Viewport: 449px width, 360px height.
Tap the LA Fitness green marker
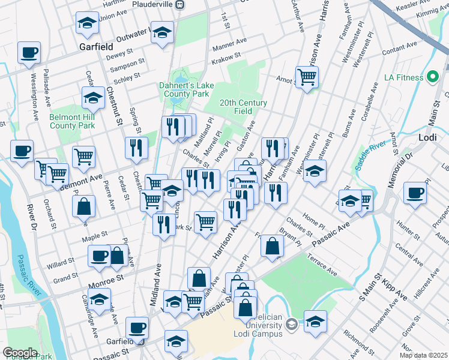point(432,77)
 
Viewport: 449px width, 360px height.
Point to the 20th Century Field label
point(243,107)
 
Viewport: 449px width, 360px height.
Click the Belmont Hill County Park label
point(71,121)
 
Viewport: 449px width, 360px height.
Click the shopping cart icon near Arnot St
point(307,77)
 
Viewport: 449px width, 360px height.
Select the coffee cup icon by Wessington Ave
point(29,53)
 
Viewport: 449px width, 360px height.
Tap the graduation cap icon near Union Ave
point(87,24)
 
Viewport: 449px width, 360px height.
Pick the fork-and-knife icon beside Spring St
point(136,148)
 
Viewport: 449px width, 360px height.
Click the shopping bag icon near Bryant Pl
point(273,246)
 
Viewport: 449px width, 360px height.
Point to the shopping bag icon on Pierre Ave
point(85,206)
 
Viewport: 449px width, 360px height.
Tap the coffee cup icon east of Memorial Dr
point(415,193)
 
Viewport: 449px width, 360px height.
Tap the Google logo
point(20,352)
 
